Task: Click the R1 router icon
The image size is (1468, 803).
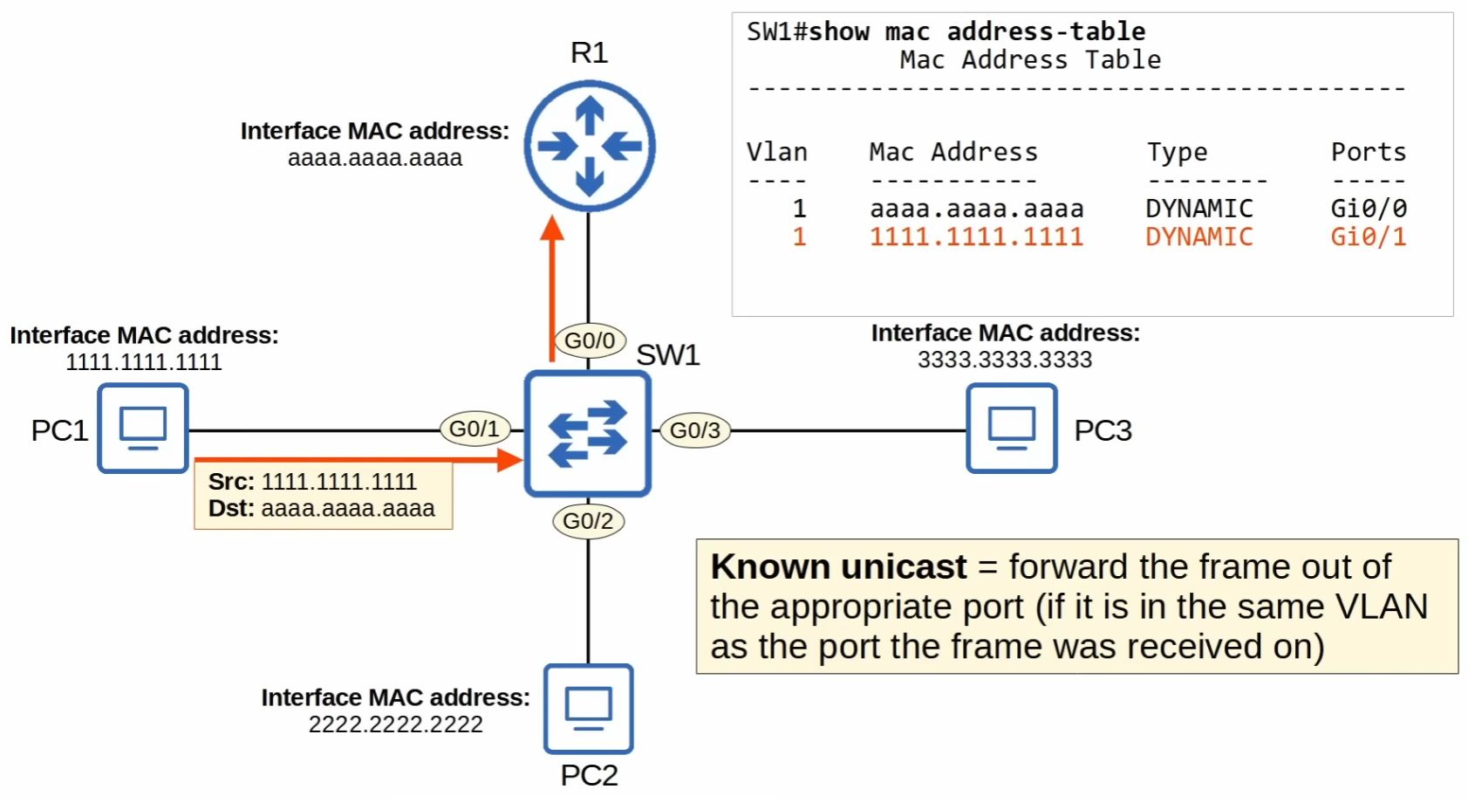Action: (x=590, y=146)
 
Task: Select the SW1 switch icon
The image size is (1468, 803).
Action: (x=588, y=434)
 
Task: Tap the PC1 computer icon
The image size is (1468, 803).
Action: (x=143, y=428)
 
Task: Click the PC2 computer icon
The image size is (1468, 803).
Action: (x=589, y=709)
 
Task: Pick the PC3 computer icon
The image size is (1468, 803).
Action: (x=1012, y=428)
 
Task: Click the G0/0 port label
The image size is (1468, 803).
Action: (x=590, y=340)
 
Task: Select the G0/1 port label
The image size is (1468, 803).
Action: (x=475, y=429)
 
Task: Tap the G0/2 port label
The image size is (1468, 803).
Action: (x=588, y=521)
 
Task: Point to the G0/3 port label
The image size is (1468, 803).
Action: (x=694, y=430)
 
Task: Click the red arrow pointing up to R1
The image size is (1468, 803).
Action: (x=551, y=288)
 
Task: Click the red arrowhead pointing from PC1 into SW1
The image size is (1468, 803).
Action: (x=509, y=459)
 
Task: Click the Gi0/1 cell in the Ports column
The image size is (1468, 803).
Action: (x=1368, y=237)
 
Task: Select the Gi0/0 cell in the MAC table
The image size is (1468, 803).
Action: (x=1368, y=209)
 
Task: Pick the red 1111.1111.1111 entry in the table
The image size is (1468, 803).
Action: (x=976, y=237)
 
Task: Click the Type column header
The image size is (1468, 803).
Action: (x=1177, y=152)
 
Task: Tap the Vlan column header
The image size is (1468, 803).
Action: (x=776, y=152)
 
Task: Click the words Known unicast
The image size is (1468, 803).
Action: (x=838, y=566)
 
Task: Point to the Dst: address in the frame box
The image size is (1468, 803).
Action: (x=347, y=508)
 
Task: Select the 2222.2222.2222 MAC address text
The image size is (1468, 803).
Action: (x=395, y=724)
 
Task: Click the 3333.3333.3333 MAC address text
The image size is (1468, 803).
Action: (x=1004, y=360)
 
